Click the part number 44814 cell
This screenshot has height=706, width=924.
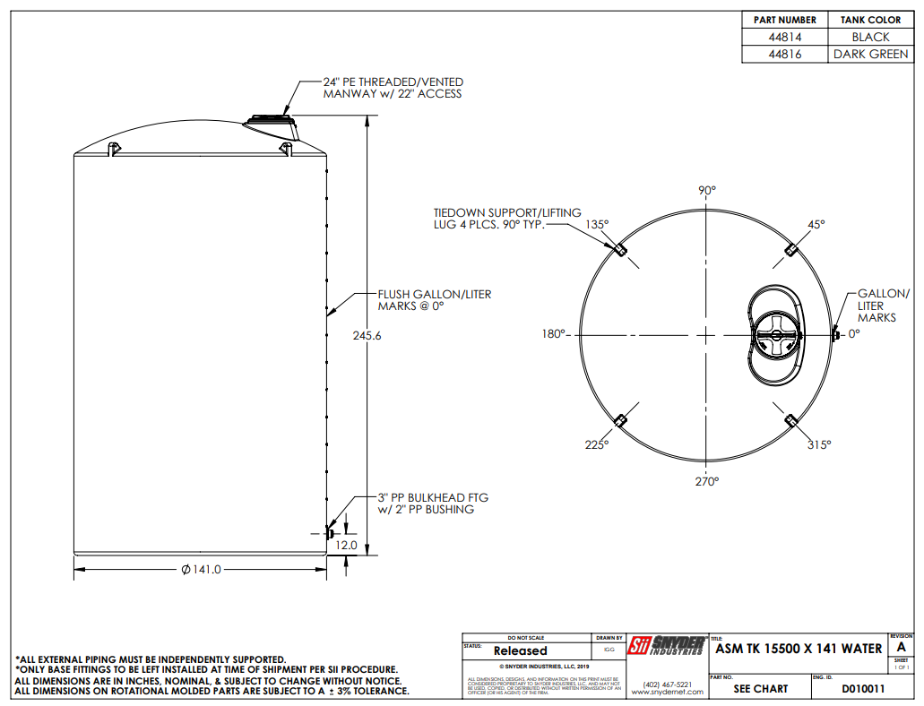tap(785, 37)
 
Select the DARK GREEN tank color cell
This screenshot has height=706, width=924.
tap(870, 54)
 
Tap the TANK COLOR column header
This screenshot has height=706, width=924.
tap(870, 20)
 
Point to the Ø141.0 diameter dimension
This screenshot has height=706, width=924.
tap(201, 570)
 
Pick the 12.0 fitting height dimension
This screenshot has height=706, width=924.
tap(346, 545)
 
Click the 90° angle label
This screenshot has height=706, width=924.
tap(707, 191)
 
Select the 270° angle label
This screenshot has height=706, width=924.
tap(707, 481)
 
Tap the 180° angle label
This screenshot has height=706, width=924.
tap(553, 334)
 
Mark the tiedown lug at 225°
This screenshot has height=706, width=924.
tap(619, 420)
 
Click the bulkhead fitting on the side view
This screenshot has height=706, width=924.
tap(328, 534)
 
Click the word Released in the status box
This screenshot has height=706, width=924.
tap(520, 650)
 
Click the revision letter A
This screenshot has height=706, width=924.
tap(901, 647)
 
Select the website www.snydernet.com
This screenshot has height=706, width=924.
tap(667, 693)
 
